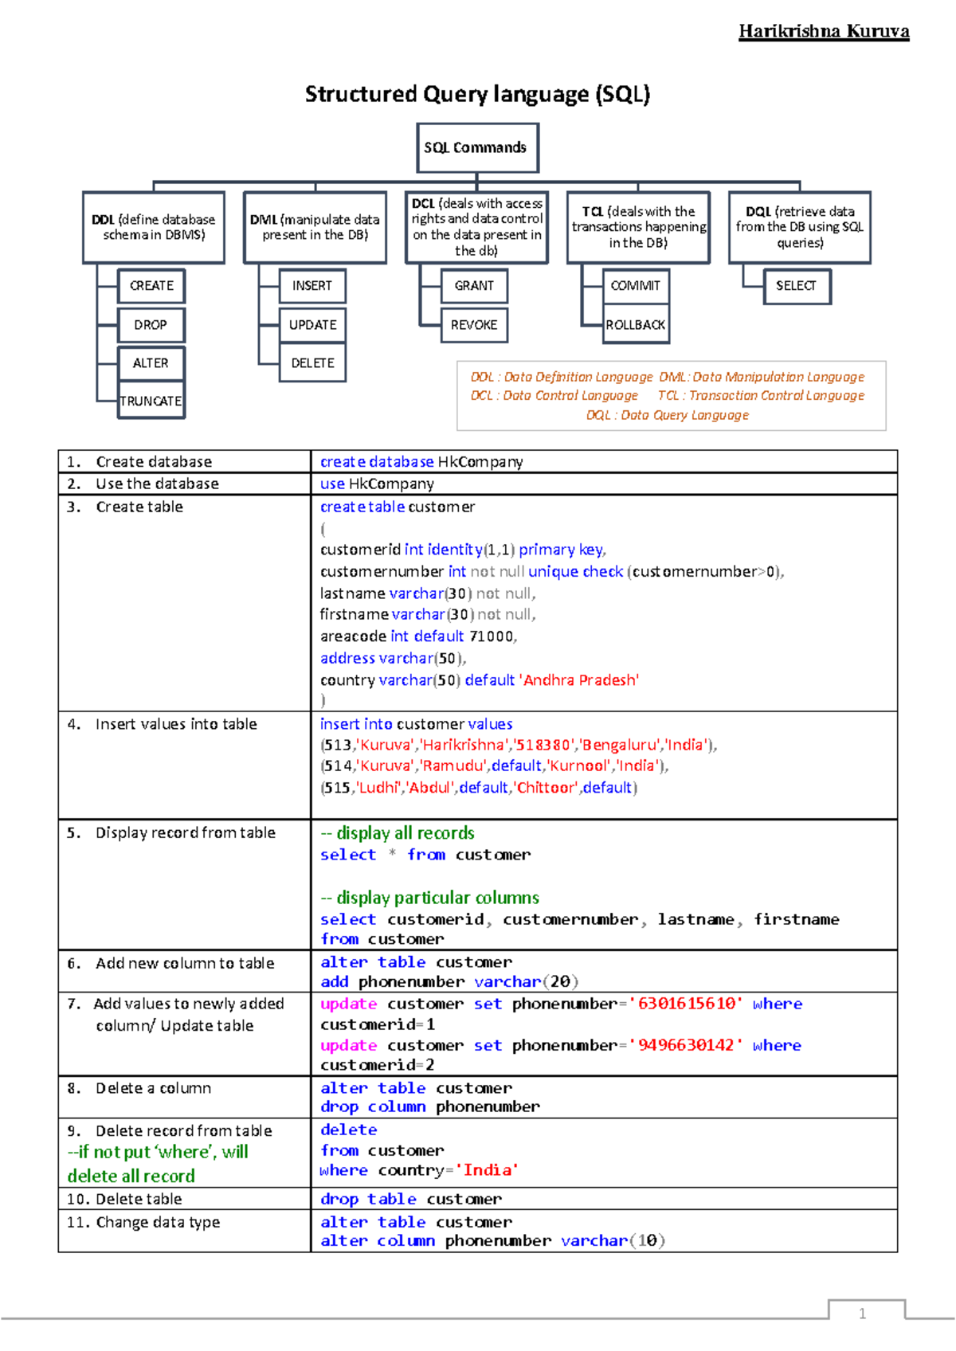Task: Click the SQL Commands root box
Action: tap(477, 147)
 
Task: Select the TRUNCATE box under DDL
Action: tap(151, 401)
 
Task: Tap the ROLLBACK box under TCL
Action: tap(636, 325)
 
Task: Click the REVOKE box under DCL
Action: tap(474, 325)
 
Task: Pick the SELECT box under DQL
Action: tap(796, 286)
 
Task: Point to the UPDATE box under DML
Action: tap(312, 325)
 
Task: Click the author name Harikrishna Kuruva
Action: tap(823, 32)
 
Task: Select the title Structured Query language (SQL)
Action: tap(477, 95)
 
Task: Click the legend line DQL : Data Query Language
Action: tap(668, 415)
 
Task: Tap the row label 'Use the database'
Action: tap(157, 484)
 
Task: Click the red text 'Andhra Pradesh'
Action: tap(580, 680)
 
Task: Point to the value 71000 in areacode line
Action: tap(492, 636)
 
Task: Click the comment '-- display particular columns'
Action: tap(430, 898)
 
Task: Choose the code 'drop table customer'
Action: tap(410, 1199)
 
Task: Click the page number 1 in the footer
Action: tap(862, 1314)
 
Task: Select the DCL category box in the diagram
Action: tap(476, 227)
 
